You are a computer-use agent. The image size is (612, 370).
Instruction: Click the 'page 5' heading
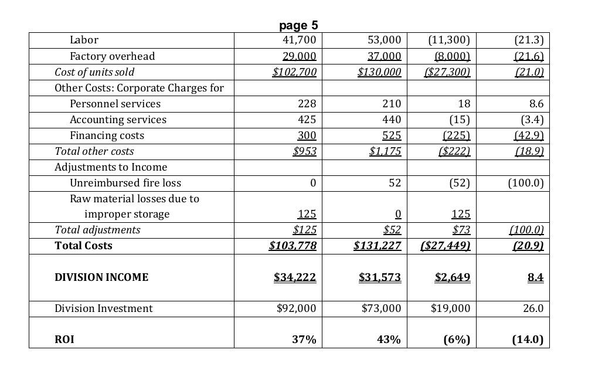pyautogui.click(x=298, y=26)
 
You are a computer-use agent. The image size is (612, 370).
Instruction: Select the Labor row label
pyautogui.click(x=84, y=40)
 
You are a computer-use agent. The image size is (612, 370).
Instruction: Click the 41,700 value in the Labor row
pyautogui.click(x=299, y=40)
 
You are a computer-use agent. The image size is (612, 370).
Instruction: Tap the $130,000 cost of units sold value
pyautogui.click(x=379, y=72)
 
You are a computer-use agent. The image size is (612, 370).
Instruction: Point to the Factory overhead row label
pyautogui.click(x=113, y=56)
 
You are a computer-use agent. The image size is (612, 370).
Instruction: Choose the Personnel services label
pyautogui.click(x=115, y=104)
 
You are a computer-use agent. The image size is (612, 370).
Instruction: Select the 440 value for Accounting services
pyautogui.click(x=392, y=120)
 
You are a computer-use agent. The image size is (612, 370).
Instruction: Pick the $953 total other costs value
pyautogui.click(x=305, y=151)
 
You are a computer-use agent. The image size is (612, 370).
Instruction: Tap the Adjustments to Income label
pyautogui.click(x=111, y=167)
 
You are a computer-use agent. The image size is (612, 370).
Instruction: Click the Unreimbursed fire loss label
pyautogui.click(x=125, y=183)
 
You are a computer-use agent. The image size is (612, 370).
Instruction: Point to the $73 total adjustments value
pyautogui.click(x=461, y=230)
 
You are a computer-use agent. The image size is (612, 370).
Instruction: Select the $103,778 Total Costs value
pyautogui.click(x=293, y=246)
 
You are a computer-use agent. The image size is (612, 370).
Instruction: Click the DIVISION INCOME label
pyautogui.click(x=101, y=277)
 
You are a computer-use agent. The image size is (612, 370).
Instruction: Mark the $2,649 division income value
pyautogui.click(x=453, y=277)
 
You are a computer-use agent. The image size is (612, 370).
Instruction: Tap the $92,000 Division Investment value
pyautogui.click(x=296, y=308)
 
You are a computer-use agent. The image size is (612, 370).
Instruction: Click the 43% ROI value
pyautogui.click(x=389, y=340)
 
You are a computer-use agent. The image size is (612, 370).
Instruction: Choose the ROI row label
pyautogui.click(x=64, y=340)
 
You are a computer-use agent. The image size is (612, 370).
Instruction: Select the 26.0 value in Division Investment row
pyautogui.click(x=533, y=308)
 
